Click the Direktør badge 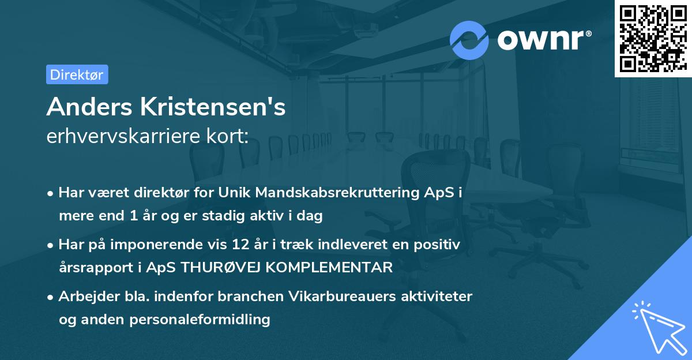tap(77, 74)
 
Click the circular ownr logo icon tap(469, 40)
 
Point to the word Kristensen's tap(211, 107)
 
